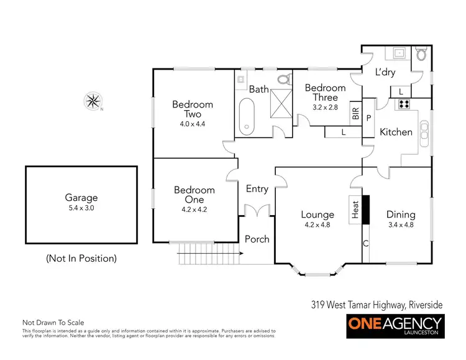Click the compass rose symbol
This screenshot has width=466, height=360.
click(94, 101)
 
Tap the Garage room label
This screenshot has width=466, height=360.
click(81, 198)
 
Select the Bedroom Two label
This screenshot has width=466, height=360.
click(193, 109)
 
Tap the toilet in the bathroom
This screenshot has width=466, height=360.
click(284, 80)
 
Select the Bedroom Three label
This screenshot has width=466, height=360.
click(325, 93)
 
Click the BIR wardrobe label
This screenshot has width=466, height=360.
click(355, 113)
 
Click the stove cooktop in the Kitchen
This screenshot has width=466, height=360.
click(404, 104)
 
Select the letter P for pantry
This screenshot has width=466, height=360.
click(368, 118)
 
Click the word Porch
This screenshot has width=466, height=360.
click(257, 239)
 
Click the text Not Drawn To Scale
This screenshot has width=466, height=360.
click(53, 323)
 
